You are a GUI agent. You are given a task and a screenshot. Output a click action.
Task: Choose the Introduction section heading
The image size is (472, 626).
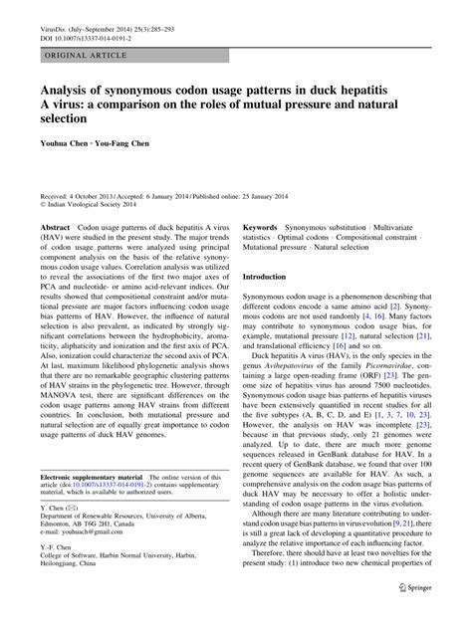[x=272, y=303]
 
